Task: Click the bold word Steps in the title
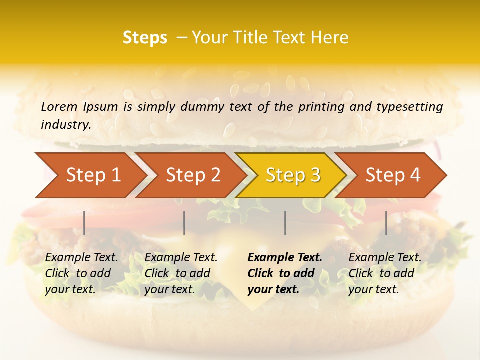tap(145, 38)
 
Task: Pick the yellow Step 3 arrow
tap(293, 175)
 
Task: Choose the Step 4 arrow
tap(393, 175)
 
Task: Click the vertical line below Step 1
tap(84, 223)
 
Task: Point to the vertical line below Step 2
tap(184, 223)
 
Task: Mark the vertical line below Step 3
tap(285, 223)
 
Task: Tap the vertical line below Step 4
tap(386, 223)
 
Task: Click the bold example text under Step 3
tap(284, 273)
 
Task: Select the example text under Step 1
tap(81, 273)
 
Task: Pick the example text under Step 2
tap(181, 273)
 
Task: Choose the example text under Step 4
tap(385, 273)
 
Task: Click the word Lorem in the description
tap(59, 106)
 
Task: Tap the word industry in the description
tap(66, 124)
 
